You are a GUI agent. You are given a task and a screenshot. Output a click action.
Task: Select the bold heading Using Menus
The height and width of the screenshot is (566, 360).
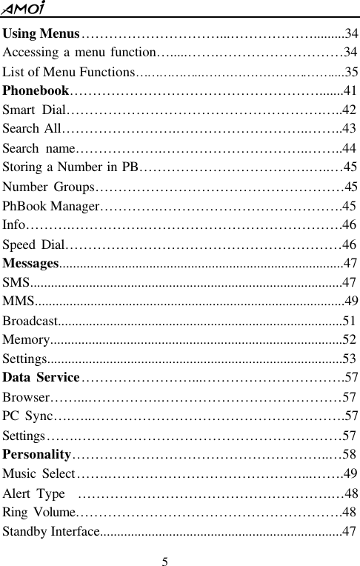41,33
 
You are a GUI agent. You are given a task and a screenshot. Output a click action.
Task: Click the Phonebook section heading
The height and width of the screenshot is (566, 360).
36,92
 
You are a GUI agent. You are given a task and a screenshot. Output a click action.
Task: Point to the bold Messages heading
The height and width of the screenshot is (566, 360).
30,262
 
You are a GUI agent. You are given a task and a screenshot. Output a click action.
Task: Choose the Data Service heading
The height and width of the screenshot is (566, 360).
41,378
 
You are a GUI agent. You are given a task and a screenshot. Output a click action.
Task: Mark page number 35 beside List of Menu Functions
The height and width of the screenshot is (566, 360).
352,72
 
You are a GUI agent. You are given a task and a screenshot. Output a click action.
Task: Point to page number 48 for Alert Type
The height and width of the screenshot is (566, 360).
352,493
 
